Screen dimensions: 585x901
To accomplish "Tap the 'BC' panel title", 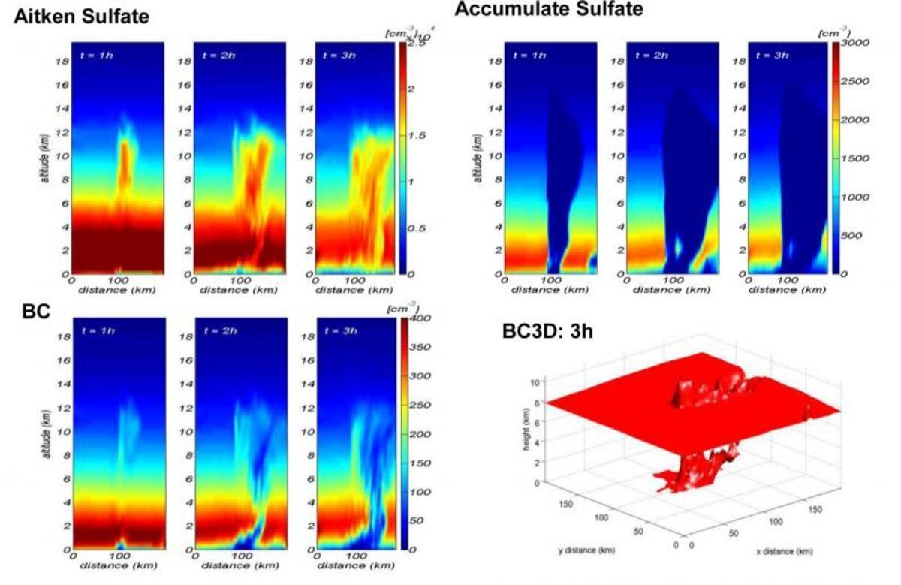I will click(x=36, y=311).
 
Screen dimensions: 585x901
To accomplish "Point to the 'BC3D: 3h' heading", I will click(x=547, y=330).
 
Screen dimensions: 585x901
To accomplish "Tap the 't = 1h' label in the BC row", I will click(x=98, y=331).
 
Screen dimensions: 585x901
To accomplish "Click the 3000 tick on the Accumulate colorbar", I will click(x=854, y=43).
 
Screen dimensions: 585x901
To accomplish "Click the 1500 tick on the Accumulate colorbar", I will click(x=854, y=158).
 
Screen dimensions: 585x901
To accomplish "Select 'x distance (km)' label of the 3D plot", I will click(x=785, y=553).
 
